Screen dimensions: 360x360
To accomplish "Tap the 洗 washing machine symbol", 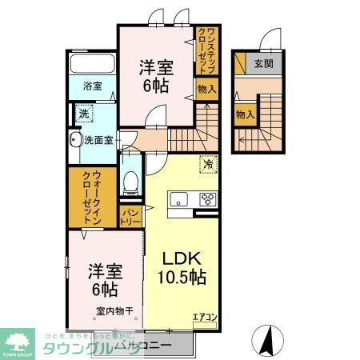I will [x=83, y=114].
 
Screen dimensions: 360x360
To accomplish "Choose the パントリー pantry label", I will [x=130, y=214].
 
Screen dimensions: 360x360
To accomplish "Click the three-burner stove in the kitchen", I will [x=207, y=200].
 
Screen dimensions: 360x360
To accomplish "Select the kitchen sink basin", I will [x=179, y=200].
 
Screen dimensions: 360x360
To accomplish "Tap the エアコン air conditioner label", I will [x=204, y=318].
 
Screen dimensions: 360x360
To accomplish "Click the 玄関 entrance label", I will [x=262, y=64].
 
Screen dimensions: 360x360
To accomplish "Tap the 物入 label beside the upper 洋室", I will [x=206, y=89].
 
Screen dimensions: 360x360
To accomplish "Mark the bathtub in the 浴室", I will [x=91, y=63].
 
